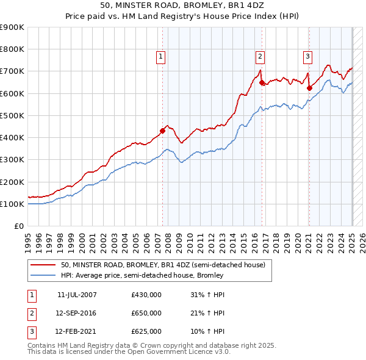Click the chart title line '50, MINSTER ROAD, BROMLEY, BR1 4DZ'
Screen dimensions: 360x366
point(182,6)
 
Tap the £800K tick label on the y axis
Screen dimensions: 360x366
point(12,49)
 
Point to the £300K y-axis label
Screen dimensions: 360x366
point(12,160)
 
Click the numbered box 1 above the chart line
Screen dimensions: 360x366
point(160,57)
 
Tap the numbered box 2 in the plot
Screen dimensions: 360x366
point(260,57)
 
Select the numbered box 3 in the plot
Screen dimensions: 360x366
point(307,57)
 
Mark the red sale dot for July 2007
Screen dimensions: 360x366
point(163,130)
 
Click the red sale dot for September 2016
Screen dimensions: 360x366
point(262,82)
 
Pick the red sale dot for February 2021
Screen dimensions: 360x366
point(309,88)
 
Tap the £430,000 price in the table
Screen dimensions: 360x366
point(146,295)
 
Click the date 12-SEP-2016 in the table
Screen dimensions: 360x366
point(76,313)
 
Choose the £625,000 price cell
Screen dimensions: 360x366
point(146,331)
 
